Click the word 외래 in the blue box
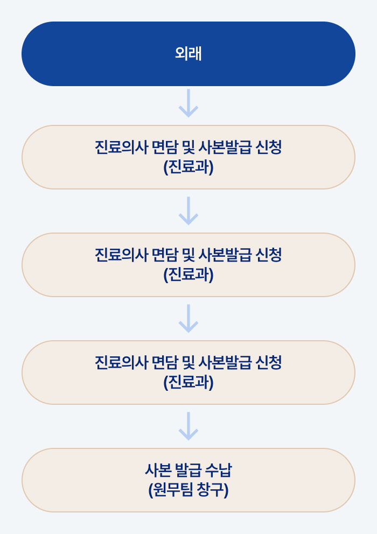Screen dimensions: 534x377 coord(188,54)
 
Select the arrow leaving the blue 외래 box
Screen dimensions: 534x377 coord(188,103)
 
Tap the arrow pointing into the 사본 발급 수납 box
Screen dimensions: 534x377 coord(188,426)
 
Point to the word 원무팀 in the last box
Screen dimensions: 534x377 coord(170,490)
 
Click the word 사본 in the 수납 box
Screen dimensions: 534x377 coord(158,470)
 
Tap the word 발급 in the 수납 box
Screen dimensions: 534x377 coord(188,470)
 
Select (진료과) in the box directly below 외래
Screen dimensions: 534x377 coord(188,167)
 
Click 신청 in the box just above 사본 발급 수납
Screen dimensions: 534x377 coord(269,363)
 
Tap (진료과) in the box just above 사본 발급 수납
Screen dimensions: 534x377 coord(188,383)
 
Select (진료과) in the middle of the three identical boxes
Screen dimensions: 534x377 coord(188,275)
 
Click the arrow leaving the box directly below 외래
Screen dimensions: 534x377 coord(188,211)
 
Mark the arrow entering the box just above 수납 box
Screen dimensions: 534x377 coord(188,319)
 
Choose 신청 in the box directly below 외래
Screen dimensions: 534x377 coord(269,147)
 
